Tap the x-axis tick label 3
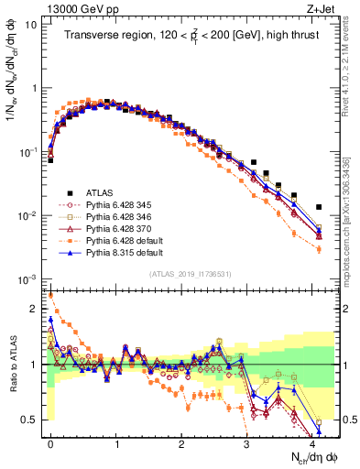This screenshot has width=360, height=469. tap(246, 443)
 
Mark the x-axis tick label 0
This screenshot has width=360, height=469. tap(50, 443)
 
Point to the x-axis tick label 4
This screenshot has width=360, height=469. tap(312, 443)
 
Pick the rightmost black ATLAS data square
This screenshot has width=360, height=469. tap(318, 208)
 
